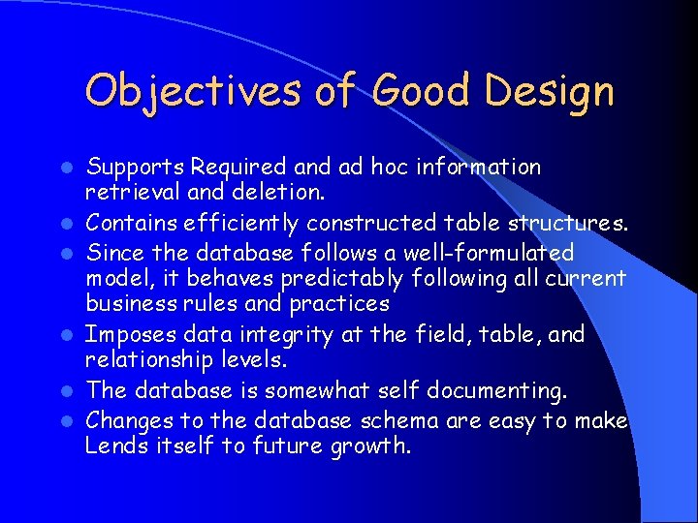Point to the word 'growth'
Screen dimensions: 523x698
point(372,447)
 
